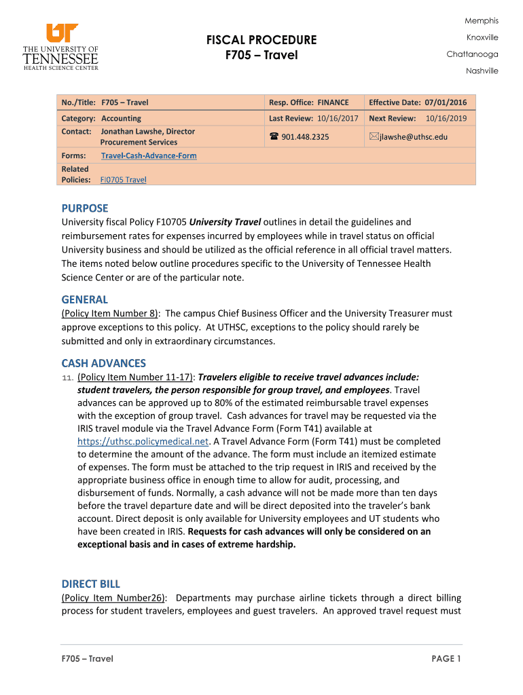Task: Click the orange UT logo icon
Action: (x=62, y=33)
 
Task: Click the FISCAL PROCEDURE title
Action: (x=261, y=39)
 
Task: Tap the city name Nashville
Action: (x=482, y=71)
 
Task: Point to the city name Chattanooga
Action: (x=472, y=54)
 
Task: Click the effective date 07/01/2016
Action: (x=446, y=102)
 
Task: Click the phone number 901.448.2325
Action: (x=305, y=137)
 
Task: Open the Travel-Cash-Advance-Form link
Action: (x=149, y=156)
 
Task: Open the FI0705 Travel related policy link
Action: (x=123, y=180)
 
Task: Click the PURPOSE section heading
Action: (x=85, y=208)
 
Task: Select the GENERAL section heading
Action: (x=84, y=299)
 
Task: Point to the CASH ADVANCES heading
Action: (x=103, y=363)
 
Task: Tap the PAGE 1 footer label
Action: (x=446, y=658)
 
